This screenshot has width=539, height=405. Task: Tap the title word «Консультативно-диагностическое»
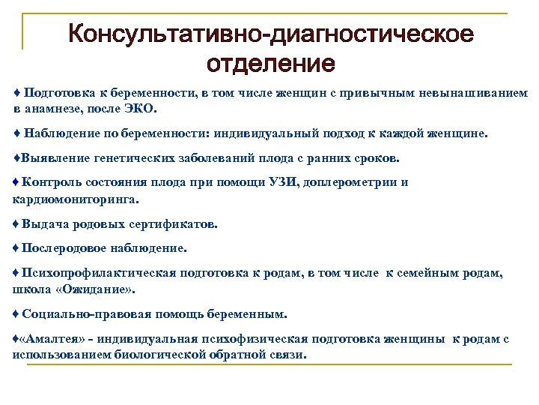(x=270, y=34)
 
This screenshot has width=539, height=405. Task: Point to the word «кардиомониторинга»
(x=75, y=199)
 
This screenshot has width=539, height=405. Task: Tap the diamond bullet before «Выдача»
(x=16, y=223)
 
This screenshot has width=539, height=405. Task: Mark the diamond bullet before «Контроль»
(x=16, y=181)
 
